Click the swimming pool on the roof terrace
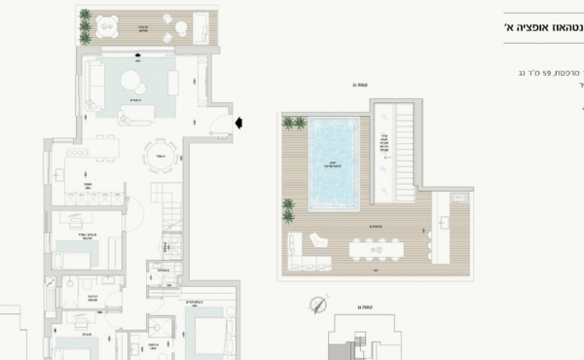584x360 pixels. point(334,162)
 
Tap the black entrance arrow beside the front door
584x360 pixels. point(239,123)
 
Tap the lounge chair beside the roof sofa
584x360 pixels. point(319,239)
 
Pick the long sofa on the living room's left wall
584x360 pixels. point(93,81)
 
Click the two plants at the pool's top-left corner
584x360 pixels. point(294,123)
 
